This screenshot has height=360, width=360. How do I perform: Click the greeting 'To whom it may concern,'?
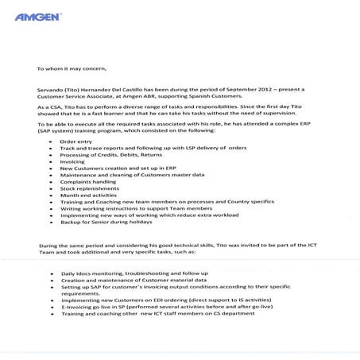click(71, 68)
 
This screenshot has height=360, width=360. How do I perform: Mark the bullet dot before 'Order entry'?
click(51, 141)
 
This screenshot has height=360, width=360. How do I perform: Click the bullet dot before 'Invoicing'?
click(51, 161)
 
